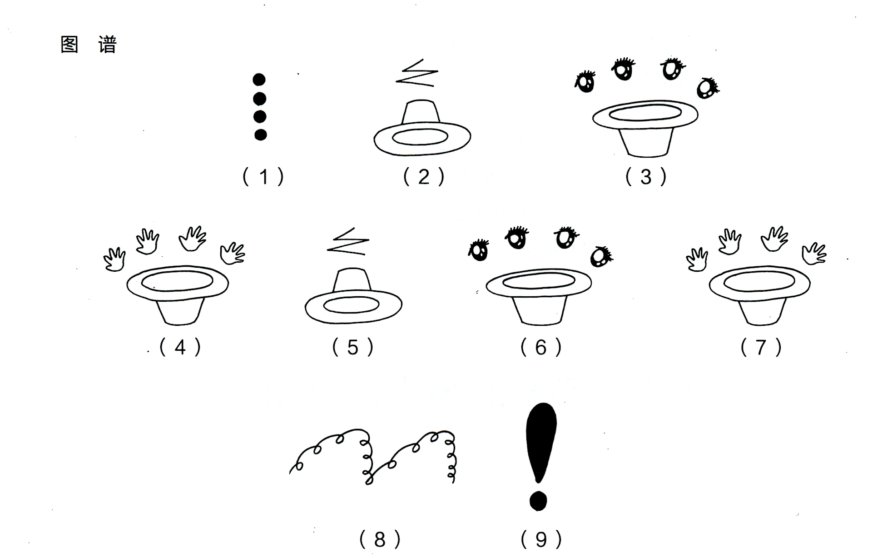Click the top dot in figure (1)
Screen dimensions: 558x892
point(259,80)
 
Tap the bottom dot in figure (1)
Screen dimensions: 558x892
point(260,135)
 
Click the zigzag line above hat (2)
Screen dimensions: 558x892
point(417,73)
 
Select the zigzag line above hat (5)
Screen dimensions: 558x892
point(348,242)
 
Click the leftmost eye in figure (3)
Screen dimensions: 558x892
point(585,82)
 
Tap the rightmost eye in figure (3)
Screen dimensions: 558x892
point(707,88)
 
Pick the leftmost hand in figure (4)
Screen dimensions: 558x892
point(114,259)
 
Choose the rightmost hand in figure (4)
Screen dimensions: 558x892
point(232,254)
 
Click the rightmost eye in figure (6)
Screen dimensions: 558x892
point(600,257)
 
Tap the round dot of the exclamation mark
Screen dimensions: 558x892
point(538,501)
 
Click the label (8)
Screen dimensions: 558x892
point(380,539)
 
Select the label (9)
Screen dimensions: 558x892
point(541,539)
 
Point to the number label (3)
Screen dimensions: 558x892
point(646,177)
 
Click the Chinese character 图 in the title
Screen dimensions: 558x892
point(69,45)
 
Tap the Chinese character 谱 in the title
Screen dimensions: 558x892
point(108,45)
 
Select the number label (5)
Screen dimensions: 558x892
point(353,348)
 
